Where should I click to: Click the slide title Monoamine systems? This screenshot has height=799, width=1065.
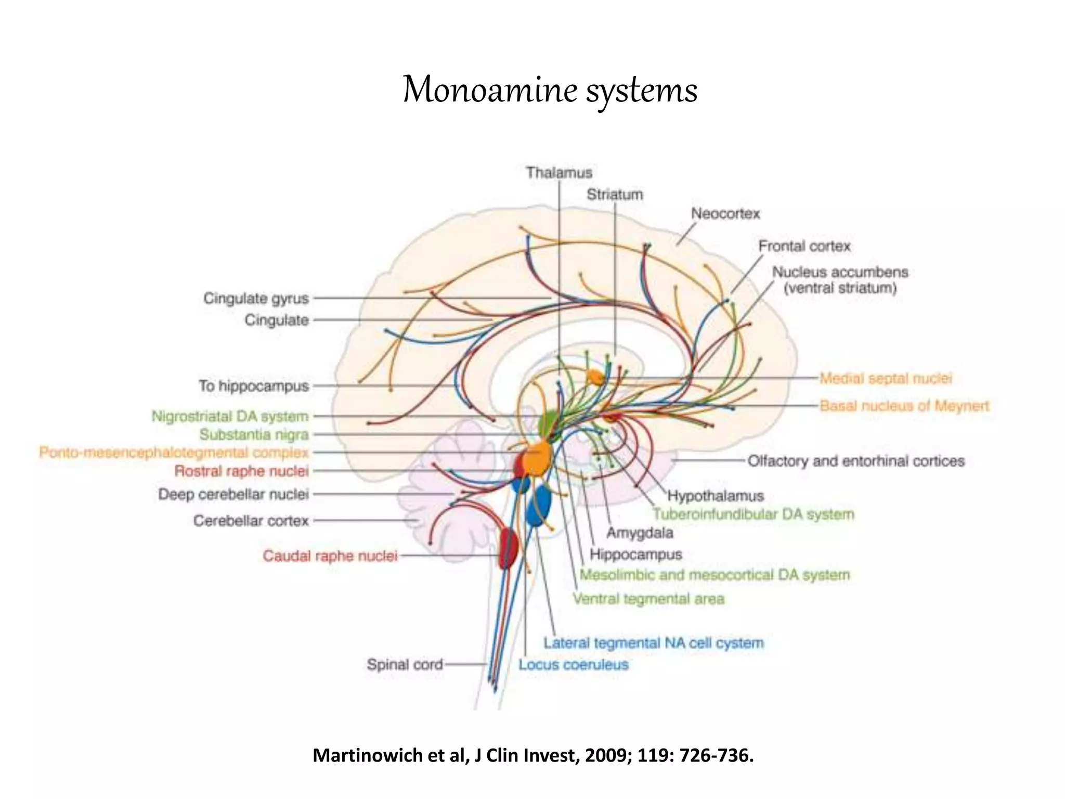550,91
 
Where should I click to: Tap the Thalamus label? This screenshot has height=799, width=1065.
559,173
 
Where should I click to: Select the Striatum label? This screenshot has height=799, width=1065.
615,195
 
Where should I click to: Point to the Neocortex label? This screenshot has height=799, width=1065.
725,214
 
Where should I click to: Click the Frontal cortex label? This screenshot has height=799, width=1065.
804,246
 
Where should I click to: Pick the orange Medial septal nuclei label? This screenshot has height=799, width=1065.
886,378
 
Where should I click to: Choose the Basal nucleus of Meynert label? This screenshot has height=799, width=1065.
904,406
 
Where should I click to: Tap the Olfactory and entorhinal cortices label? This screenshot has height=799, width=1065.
856,461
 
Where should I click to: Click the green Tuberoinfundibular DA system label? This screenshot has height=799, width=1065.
754,514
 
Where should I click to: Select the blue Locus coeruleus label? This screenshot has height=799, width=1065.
574,664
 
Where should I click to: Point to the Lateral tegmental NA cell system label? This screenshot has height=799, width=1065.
654,643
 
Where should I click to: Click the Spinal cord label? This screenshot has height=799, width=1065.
405,664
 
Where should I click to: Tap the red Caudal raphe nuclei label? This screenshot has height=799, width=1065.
330,556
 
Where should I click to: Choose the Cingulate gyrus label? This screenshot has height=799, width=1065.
256,299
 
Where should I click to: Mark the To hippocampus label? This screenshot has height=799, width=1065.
254,386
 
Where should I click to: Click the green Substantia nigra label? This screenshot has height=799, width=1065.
254,434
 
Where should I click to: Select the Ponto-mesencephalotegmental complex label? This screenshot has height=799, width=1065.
174,453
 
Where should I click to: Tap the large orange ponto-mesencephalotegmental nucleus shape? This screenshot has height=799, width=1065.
536,458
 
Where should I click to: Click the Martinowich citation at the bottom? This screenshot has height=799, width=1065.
533,755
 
